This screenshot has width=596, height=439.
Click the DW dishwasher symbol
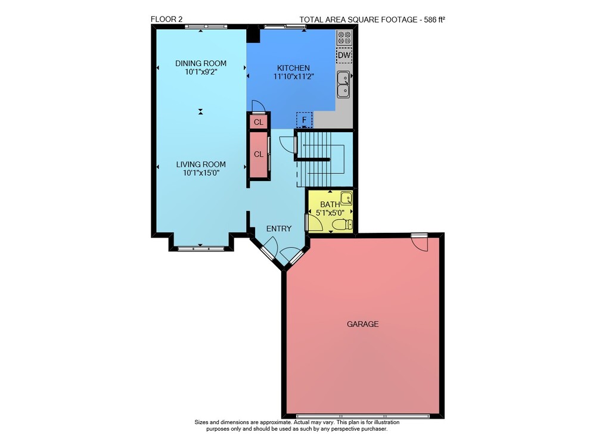pos(344,55)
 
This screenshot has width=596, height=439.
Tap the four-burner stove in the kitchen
pos(344,38)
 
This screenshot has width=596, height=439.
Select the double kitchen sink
pos(344,85)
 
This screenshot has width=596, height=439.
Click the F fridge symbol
pos(304,120)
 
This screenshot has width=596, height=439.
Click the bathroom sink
pos(346,198)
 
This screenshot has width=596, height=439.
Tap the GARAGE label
pos(362,324)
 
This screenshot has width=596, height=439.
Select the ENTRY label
pos(279,229)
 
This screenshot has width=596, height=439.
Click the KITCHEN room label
pos(293,68)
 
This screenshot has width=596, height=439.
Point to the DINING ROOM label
pos(201,63)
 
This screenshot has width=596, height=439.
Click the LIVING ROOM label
pos(201,164)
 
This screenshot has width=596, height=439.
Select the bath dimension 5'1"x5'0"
pos(330,213)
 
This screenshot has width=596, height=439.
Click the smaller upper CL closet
pos(259,122)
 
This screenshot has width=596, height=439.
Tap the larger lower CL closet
pos(259,154)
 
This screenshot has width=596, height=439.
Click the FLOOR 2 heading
pos(166,20)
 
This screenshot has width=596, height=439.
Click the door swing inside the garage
pos(420,244)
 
